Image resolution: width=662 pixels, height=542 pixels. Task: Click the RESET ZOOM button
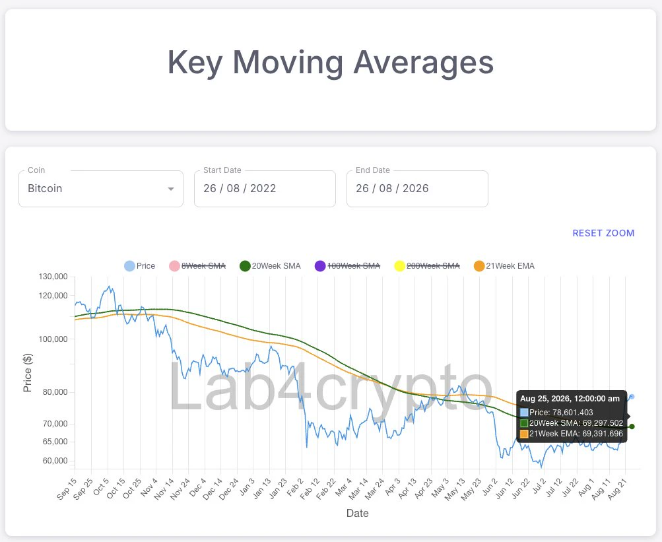coord(603,233)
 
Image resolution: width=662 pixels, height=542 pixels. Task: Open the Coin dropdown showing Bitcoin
coord(101,188)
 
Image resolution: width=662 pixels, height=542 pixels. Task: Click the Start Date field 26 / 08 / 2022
coord(265,188)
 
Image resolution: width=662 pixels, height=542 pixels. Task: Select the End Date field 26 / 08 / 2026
coord(417,188)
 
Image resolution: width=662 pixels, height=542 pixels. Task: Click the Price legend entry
coord(140,266)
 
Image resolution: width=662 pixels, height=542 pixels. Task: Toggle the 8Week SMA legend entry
coord(197,266)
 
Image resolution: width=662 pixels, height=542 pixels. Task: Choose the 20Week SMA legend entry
coord(270,266)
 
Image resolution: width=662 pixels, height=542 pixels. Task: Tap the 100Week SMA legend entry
coord(347,266)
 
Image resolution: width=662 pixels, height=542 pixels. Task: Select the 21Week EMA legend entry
coord(504,266)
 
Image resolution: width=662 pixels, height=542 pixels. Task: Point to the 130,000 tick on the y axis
coord(53,277)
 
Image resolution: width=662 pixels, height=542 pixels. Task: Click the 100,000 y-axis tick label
coord(53,339)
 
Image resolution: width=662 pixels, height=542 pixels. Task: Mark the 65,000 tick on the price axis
coord(55,442)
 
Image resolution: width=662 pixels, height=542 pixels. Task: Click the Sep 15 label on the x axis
coord(67,489)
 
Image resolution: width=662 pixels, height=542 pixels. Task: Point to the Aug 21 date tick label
coord(618,489)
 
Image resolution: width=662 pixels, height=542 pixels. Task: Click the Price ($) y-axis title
coord(28,372)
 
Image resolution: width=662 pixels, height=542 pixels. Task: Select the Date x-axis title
coord(358,513)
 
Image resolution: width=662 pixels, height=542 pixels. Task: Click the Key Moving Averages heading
coord(331,63)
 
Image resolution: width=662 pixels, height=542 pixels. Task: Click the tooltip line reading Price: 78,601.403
coord(556,413)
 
